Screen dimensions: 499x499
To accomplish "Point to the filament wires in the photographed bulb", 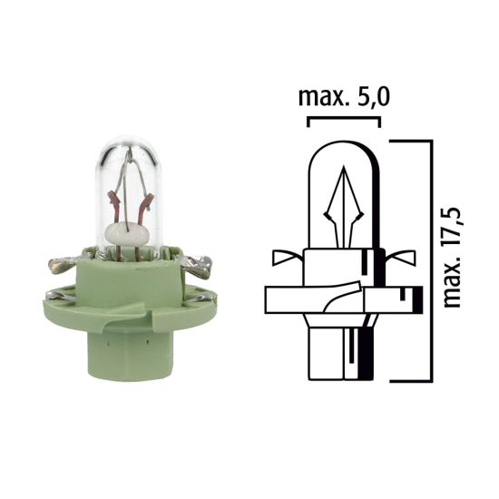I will pos(126,191).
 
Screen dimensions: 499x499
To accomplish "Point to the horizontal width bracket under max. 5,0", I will pos(343,119).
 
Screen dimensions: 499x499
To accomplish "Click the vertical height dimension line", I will pos(426,259).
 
